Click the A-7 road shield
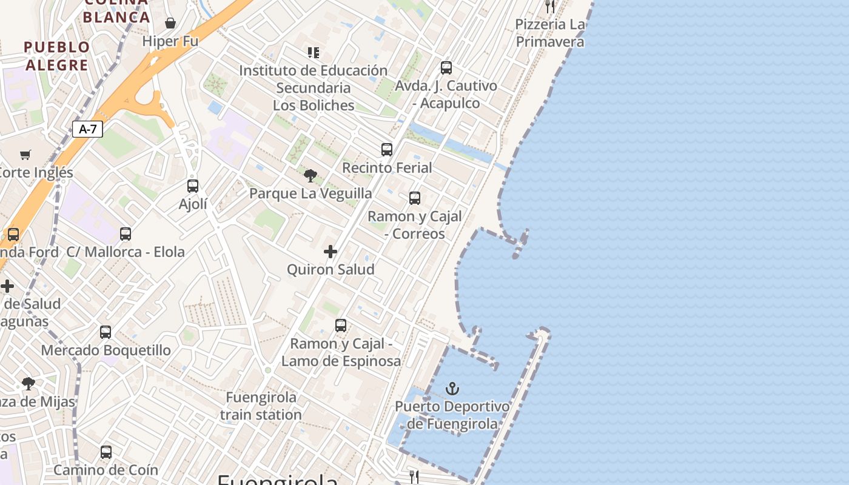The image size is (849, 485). pos(88,129)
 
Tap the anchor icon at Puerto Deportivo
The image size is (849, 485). pos(452,388)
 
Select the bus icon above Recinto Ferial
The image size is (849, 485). pos(387,149)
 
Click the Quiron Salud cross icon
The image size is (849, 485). pos(331,251)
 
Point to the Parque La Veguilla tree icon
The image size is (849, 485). pos(310,176)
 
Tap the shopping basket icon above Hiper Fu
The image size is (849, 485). pos(170,23)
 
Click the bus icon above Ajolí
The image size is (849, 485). pos(193,186)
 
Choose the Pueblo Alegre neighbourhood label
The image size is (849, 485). pos(57,56)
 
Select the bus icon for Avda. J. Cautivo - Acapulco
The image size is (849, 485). pos(446,68)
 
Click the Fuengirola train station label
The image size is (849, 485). pos(261,406)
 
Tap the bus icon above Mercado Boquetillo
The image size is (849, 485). pos(106,332)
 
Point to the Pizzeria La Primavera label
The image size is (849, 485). pos(550,33)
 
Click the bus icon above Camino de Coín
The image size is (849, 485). pos(106,452)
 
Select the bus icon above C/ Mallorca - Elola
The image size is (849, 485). pos(126,234)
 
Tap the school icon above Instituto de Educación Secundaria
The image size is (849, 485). pos(313,53)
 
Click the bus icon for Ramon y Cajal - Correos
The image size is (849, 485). pos(415,198)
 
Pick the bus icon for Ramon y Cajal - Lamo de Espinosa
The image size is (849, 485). pos(341,326)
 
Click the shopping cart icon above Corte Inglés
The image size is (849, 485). pos(25,155)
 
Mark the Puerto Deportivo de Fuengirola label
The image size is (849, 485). pos(452,415)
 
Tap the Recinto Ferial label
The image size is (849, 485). pos(387,167)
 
